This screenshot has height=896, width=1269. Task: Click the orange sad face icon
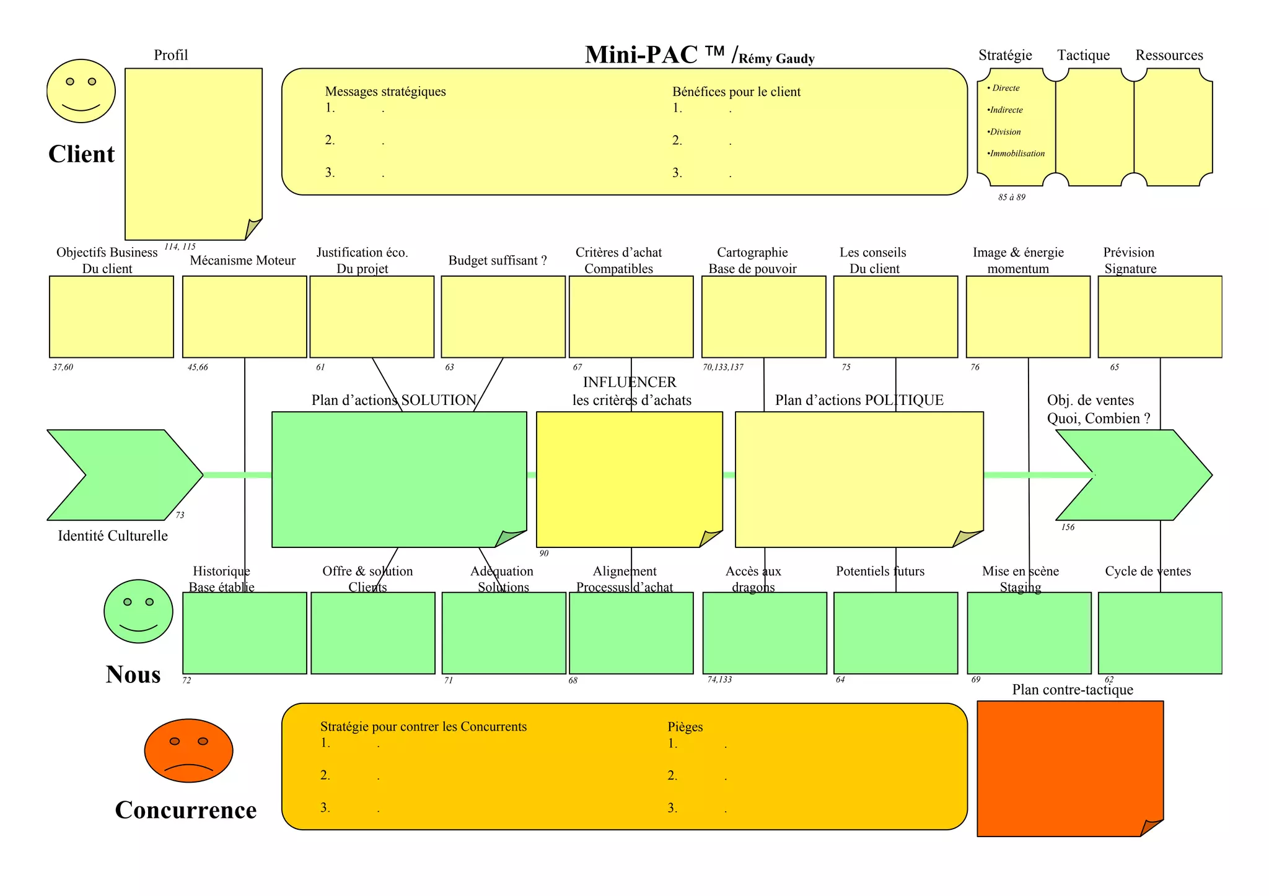188,750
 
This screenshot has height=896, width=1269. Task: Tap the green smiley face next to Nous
138,611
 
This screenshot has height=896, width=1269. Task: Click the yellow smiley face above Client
81,91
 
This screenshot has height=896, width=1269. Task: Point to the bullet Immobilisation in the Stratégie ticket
1017,154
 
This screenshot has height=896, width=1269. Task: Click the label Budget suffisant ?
498,261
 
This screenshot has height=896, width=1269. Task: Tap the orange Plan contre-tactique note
1069,768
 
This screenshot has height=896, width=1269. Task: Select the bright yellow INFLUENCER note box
629,479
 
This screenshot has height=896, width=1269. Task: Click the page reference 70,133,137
723,367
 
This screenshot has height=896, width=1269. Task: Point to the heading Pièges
685,727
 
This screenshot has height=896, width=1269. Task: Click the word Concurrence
186,810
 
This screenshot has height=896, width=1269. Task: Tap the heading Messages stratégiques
385,92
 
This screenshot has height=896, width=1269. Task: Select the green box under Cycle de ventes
1159,633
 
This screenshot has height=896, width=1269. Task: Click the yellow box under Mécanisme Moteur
244,316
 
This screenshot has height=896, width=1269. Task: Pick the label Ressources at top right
1169,55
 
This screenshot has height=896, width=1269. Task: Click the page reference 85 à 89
1011,198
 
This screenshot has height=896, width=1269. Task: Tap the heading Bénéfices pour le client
736,92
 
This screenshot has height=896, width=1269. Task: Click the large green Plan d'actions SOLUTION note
398,479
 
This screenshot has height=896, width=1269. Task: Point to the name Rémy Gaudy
776,59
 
